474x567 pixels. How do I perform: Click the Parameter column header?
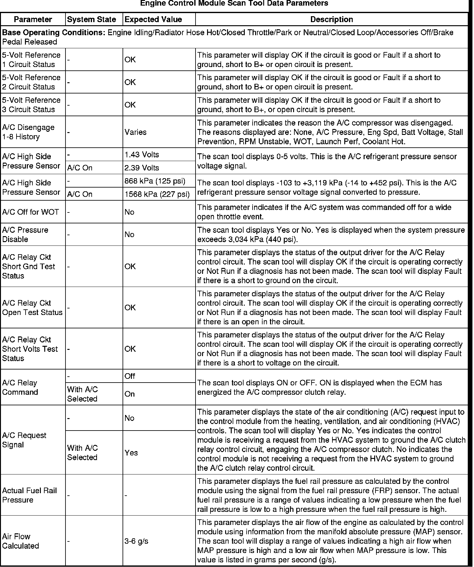click(33, 19)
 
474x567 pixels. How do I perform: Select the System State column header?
click(91, 19)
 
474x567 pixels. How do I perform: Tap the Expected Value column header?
click(153, 19)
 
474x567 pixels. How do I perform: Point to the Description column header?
click(331, 19)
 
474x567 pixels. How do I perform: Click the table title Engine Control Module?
click(234, 3)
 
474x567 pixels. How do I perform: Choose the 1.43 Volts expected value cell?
click(142, 155)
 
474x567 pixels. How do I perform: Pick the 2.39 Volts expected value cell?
click(142, 168)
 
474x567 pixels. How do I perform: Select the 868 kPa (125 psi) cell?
click(155, 181)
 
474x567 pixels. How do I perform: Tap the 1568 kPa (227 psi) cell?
click(157, 194)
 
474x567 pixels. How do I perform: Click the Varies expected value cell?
click(135, 132)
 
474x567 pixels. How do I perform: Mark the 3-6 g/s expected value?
click(136, 541)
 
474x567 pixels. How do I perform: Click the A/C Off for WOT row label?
click(30, 212)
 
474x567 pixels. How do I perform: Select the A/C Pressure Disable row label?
click(25, 234)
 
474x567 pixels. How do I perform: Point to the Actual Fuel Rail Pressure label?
click(29, 495)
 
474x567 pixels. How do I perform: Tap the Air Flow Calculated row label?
click(21, 541)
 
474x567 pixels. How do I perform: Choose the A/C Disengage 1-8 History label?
click(28, 132)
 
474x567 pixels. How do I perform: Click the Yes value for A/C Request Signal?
click(131, 452)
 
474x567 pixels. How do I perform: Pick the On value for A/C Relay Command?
click(129, 394)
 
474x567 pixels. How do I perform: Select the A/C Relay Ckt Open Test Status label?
click(32, 307)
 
